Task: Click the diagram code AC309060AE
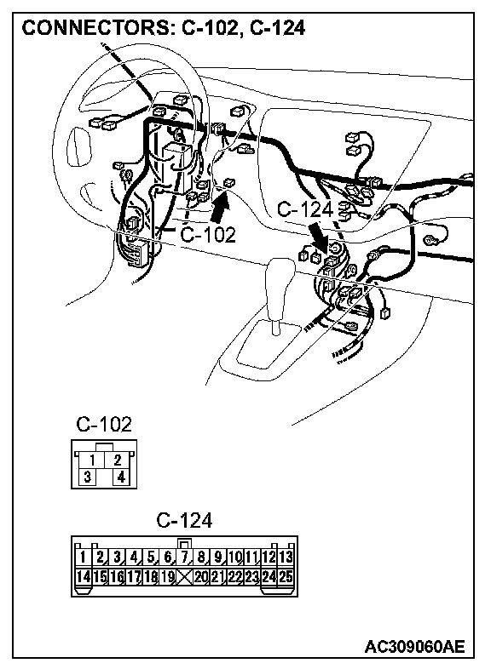414,647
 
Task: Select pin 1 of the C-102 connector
91,460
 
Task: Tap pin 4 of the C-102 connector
121,477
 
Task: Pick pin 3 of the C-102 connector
88,477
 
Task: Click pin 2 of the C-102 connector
117,460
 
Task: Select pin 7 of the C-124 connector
184,557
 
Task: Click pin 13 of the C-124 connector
286,557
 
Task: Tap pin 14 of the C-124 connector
84,577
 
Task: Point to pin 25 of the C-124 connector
286,577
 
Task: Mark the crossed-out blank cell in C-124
184,577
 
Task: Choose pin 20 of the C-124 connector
201,577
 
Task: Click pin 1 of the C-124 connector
84,557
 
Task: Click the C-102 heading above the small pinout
104,424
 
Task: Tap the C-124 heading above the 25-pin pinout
184,521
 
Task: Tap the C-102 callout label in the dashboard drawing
208,235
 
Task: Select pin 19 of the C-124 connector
167,577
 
